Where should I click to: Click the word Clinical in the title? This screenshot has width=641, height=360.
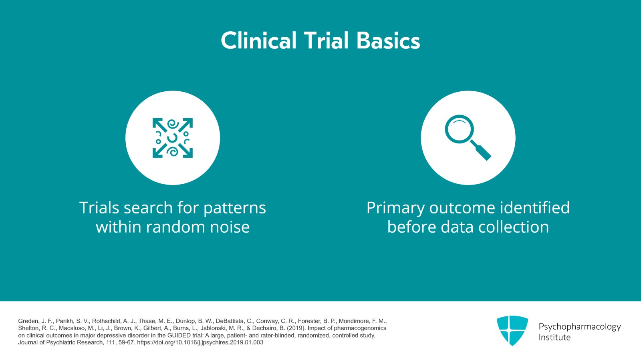[258, 41]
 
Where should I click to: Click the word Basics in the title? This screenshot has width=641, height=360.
[388, 41]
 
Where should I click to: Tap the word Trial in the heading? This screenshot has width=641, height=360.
[326, 41]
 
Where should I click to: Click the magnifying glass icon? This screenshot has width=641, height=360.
[468, 138]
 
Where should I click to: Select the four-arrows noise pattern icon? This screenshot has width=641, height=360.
[173, 138]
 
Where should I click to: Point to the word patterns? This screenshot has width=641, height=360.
[234, 208]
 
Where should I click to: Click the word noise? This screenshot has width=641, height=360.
[230, 227]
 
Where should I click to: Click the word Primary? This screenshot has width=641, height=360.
[395, 208]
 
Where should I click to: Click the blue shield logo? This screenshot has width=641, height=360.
[512, 330]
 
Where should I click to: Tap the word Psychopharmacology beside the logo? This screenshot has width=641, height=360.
[579, 326]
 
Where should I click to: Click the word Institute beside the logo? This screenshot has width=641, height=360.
[554, 337]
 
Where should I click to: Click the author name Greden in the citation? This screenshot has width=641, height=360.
[28, 321]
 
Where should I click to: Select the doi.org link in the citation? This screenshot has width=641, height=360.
[200, 342]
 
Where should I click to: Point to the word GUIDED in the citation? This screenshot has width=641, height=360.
[178, 336]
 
